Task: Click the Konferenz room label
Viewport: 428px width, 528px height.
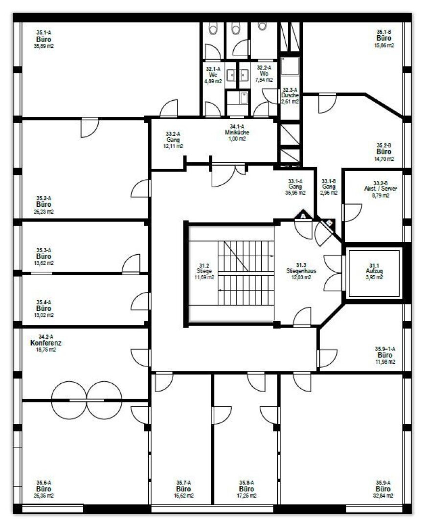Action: tap(46, 343)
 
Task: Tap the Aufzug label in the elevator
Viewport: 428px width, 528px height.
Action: tap(374, 271)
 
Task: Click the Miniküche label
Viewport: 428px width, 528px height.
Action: tap(237, 132)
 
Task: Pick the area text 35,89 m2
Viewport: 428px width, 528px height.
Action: tap(44, 46)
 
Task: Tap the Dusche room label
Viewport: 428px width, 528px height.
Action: tap(290, 95)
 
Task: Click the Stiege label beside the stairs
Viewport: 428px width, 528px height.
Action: tap(204, 271)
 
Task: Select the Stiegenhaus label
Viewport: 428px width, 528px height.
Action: tap(301, 271)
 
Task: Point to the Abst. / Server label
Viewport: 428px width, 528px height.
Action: tap(381, 189)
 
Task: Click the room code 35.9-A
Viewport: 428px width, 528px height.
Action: tap(383, 483)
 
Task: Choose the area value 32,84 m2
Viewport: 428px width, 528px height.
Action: tap(383, 496)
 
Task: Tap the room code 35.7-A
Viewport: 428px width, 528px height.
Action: tap(183, 483)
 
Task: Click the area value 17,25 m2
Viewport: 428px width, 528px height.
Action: tap(247, 496)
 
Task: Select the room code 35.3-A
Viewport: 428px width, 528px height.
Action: tap(44, 250)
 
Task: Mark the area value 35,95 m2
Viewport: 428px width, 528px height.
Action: tap(295, 193)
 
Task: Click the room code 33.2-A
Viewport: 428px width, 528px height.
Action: tap(173, 133)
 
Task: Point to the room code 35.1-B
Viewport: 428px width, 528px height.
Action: tap(384, 32)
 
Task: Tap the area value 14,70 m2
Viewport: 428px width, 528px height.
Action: tap(384, 159)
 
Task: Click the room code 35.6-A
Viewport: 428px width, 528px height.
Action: tap(44, 483)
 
